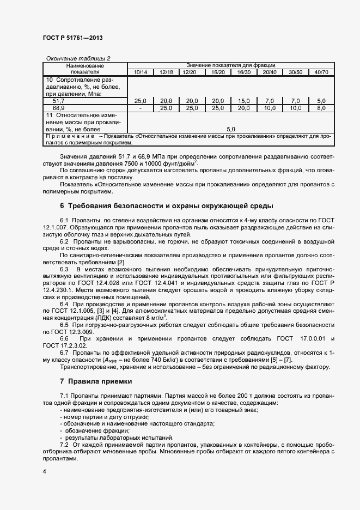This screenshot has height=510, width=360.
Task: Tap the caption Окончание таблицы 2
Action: pos(78,58)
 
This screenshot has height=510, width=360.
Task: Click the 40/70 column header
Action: pos(321,72)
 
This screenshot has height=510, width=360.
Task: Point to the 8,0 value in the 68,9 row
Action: pos(321,108)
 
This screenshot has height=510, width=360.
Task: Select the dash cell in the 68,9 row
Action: pos(140,108)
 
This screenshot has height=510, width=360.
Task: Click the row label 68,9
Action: pos(58,108)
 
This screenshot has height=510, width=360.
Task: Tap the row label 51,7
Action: pos(58,101)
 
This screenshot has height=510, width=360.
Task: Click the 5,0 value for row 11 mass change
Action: pos(230,129)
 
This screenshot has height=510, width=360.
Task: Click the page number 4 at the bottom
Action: pos(44,471)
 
